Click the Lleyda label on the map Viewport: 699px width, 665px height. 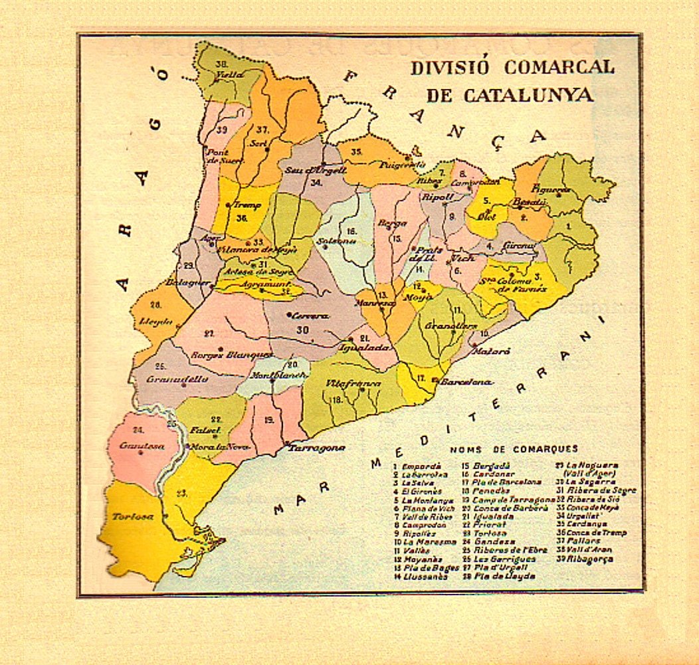(x=155, y=322)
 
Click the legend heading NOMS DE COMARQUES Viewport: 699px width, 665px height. (x=514, y=450)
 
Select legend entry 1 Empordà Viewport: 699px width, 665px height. (x=417, y=466)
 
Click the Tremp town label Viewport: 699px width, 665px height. (x=247, y=205)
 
